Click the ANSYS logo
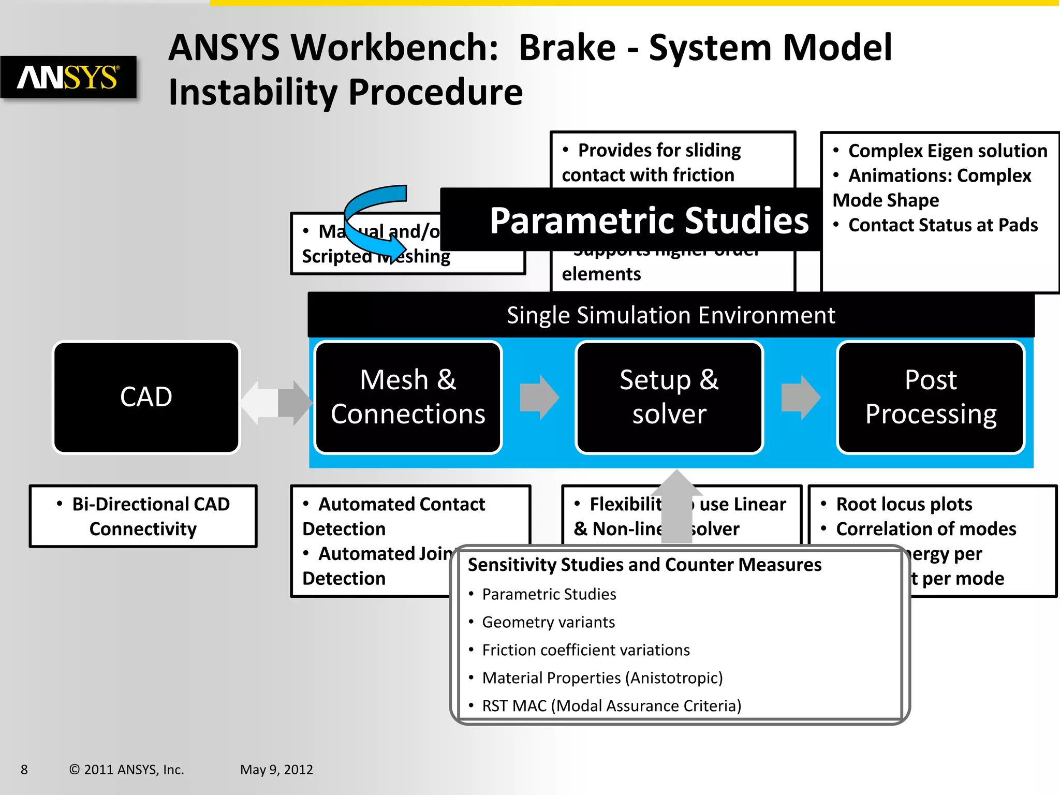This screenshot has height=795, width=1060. coord(68,77)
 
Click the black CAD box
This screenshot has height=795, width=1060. coord(146,397)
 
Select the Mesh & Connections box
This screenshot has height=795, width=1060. coord(408,397)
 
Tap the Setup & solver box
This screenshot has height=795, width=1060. coord(669,397)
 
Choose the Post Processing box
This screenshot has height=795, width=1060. coord(931,397)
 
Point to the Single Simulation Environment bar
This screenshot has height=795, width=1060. coord(671,315)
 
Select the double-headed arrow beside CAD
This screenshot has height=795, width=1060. coord(277,403)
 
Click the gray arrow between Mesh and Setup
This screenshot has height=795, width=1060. coord(539,397)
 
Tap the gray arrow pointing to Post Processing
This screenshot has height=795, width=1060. coord(801,397)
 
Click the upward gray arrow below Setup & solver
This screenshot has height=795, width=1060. coord(676,507)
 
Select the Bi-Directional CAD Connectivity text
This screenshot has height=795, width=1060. coord(143,516)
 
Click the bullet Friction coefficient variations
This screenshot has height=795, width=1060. coord(585,650)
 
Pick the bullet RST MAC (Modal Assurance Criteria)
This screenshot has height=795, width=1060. coord(611,706)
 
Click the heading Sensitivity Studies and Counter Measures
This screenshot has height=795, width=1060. coord(644,565)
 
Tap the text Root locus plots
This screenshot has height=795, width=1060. coord(904,504)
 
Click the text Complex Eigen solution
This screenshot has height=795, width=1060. coord(947,151)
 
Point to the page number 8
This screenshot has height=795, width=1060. coord(24,770)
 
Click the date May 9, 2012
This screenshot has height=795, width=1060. coord(276,770)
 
